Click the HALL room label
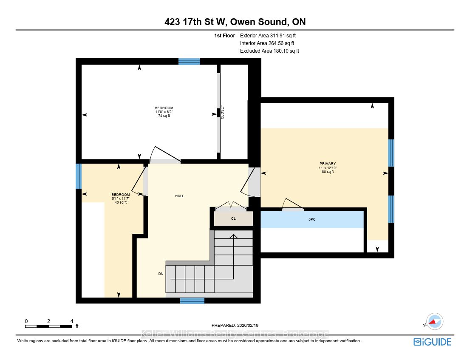click(x=180, y=196)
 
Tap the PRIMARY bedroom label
click(x=328, y=164)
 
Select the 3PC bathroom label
click(x=312, y=219)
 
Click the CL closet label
click(x=233, y=218)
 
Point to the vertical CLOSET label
click(x=222, y=112)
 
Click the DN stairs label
click(x=161, y=274)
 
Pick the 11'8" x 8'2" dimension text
click(x=164, y=112)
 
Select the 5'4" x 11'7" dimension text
click(x=121, y=198)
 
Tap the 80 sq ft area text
click(x=328, y=172)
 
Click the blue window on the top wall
click(x=189, y=62)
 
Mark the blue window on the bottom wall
click(x=192, y=300)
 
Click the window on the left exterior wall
click(x=79, y=176)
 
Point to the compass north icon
click(x=434, y=322)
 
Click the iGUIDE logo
click(x=432, y=342)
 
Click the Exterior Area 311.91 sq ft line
click(x=268, y=35)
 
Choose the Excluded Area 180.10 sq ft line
click(x=269, y=51)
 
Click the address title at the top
click(x=235, y=22)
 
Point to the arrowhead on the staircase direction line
click(x=233, y=236)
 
